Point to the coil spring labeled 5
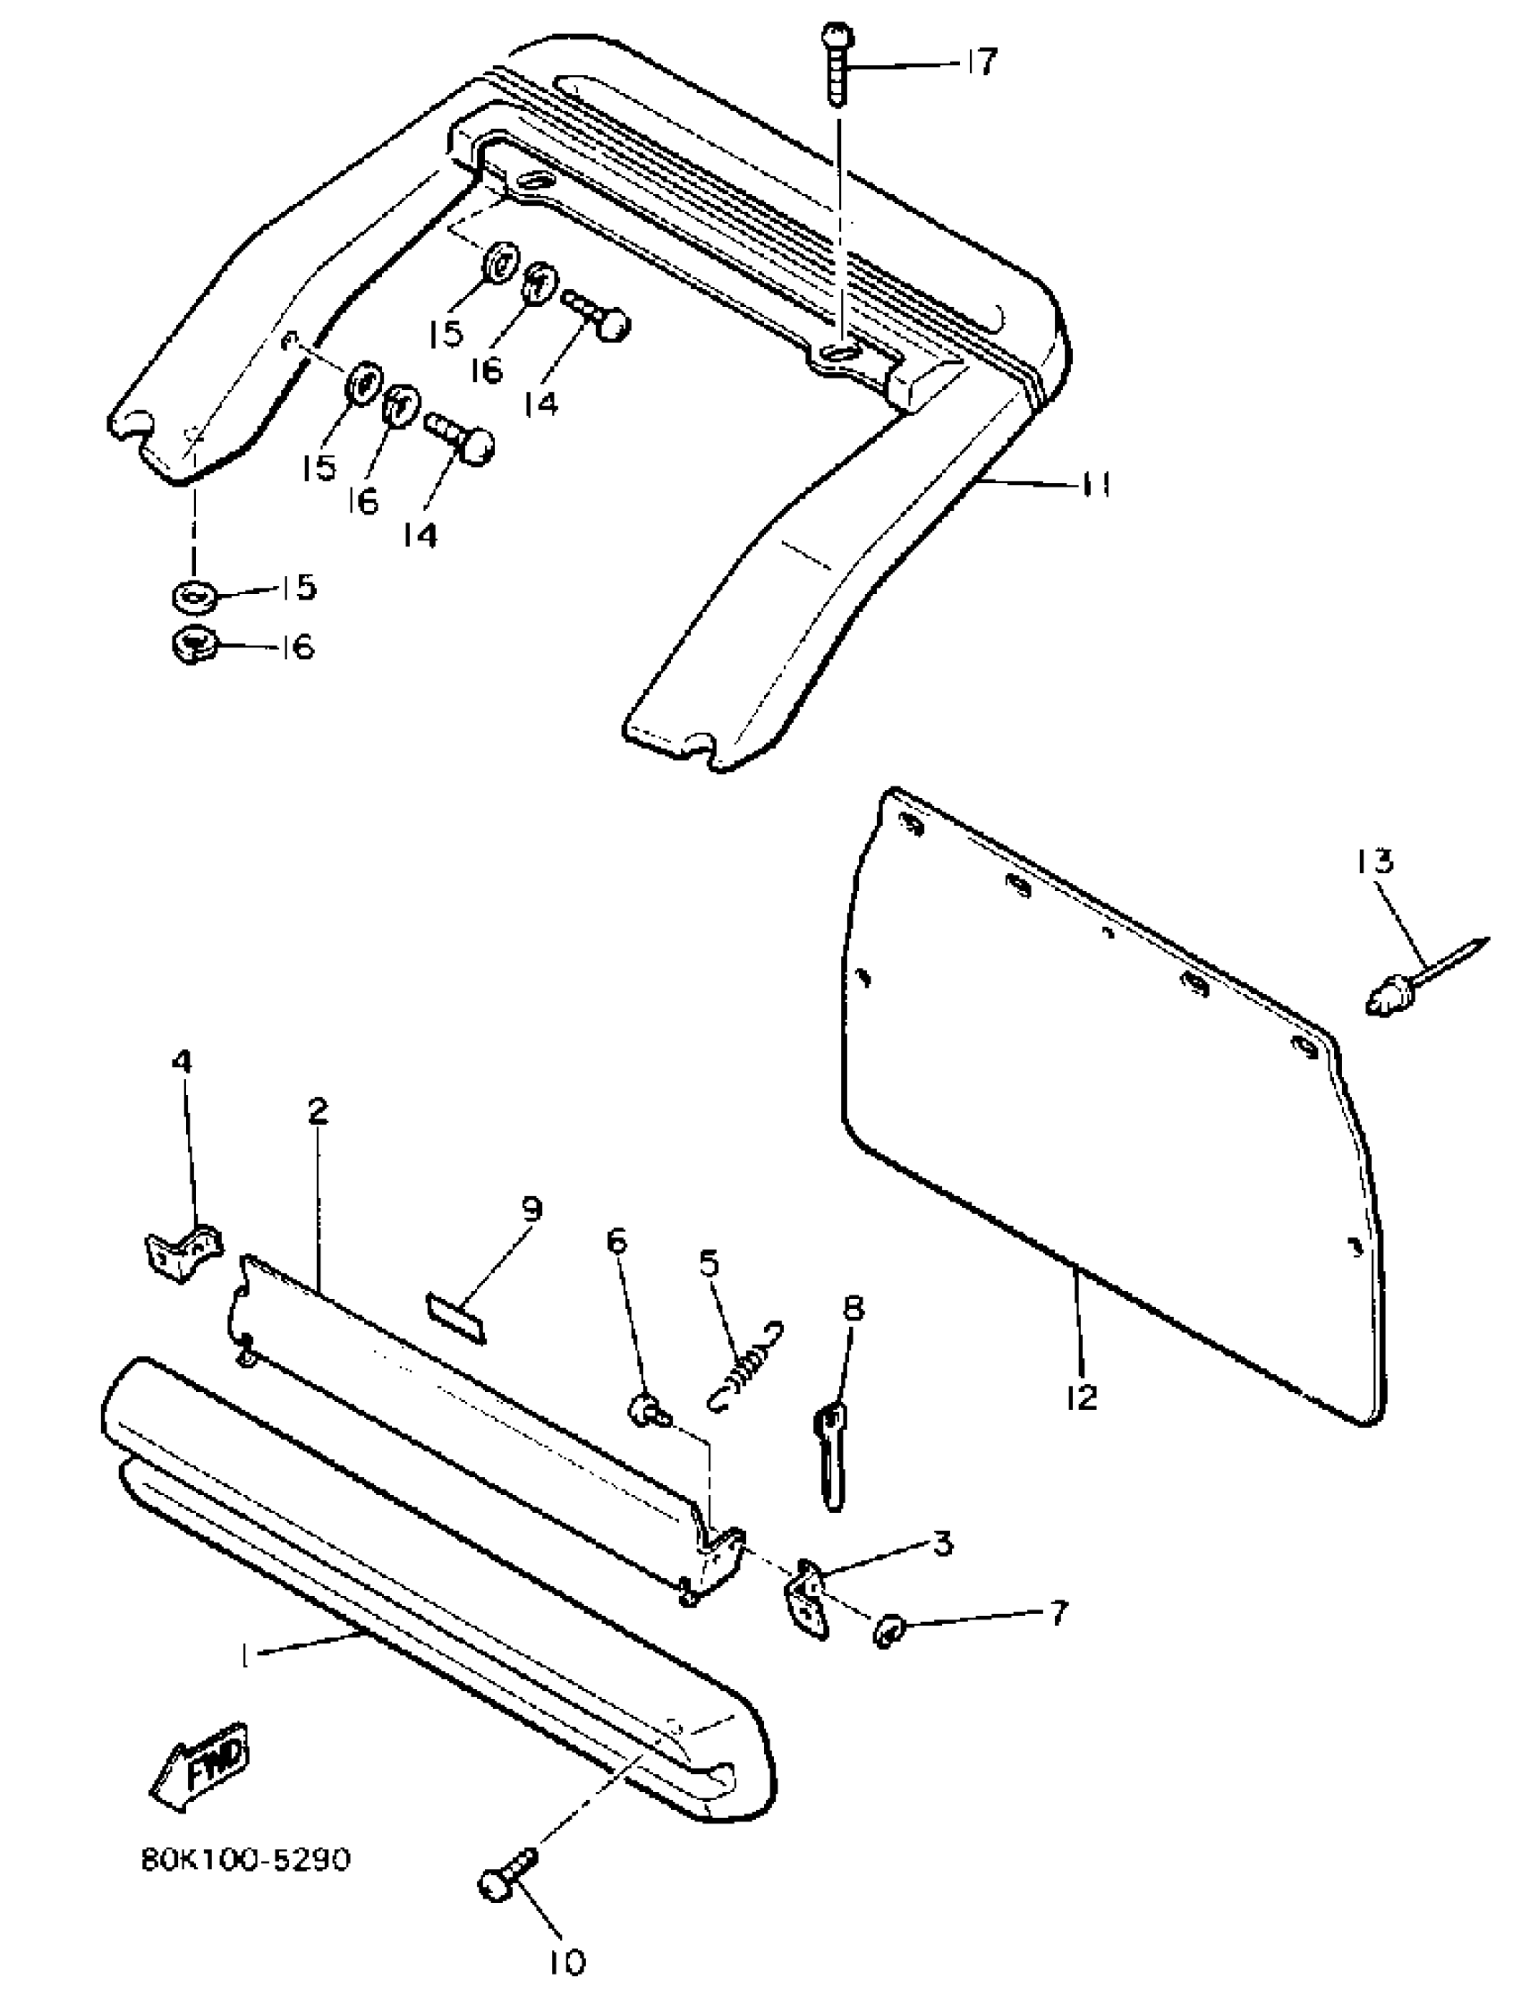[745, 1366]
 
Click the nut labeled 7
[887, 1630]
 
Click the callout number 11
[1092, 485]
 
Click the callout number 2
[317, 1110]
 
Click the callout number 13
[1375, 860]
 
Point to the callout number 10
[566, 1962]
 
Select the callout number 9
[531, 1210]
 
